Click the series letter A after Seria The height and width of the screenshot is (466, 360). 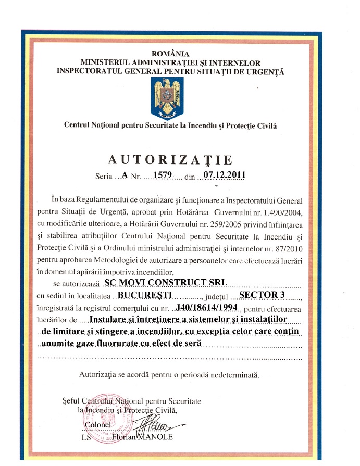(x=124, y=175)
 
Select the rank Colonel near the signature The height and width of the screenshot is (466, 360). (x=97, y=426)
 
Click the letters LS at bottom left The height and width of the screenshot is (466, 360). (x=87, y=438)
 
